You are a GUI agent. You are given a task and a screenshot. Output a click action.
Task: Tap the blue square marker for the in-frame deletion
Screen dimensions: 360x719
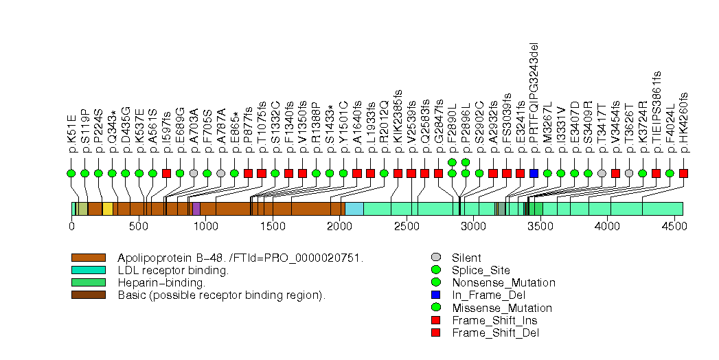point(534,173)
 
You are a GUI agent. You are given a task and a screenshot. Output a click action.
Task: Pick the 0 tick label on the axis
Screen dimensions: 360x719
point(71,225)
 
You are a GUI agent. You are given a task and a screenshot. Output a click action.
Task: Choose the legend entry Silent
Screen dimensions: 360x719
point(466,258)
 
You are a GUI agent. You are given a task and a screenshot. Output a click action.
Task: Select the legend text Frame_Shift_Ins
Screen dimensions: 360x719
point(494,321)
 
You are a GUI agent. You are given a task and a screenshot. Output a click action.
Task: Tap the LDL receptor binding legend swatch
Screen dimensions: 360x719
point(88,270)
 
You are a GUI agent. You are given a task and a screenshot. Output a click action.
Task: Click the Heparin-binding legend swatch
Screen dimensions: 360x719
point(88,282)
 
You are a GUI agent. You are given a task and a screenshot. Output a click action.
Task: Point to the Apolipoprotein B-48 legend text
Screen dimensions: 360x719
point(240,258)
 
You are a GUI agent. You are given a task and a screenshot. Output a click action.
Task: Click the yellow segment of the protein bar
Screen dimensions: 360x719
point(108,208)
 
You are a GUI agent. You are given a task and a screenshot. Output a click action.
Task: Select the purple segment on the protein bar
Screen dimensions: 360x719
point(196,208)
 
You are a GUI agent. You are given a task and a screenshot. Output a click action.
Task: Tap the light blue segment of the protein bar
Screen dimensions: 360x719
point(354,208)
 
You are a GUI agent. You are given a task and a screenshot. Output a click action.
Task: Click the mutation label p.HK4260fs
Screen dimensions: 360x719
point(683,122)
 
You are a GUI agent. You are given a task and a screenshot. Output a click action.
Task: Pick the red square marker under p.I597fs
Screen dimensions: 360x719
point(166,173)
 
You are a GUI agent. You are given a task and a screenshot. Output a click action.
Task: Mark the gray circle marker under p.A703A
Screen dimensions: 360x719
point(194,173)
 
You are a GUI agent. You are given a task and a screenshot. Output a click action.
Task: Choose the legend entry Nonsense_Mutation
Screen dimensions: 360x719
point(503,283)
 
